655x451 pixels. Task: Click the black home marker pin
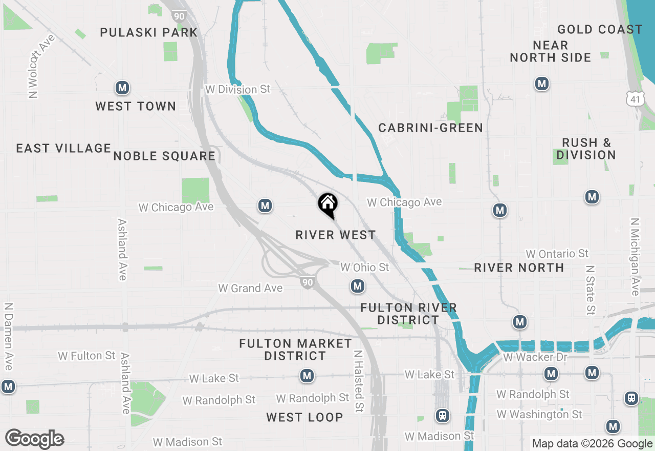(x=327, y=204)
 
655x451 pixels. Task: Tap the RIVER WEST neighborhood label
(x=336, y=235)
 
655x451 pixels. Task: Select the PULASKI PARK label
(x=149, y=32)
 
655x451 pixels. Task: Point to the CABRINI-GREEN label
(x=430, y=128)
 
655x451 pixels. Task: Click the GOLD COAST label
(x=600, y=29)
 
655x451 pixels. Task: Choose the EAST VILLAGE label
(x=63, y=148)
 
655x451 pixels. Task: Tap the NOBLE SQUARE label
(x=164, y=156)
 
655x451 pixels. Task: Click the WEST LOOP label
(x=304, y=417)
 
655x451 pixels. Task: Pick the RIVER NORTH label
(x=519, y=268)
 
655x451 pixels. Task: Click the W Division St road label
(x=237, y=89)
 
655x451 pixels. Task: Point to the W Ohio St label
(x=365, y=268)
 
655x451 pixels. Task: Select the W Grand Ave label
(x=250, y=288)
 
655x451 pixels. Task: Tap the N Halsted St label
(x=358, y=381)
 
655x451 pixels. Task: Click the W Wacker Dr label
(x=536, y=357)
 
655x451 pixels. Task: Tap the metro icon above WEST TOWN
(x=122, y=88)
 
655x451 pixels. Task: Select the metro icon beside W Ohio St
(x=358, y=286)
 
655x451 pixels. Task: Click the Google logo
(x=34, y=439)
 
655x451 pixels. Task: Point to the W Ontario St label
(x=557, y=254)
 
